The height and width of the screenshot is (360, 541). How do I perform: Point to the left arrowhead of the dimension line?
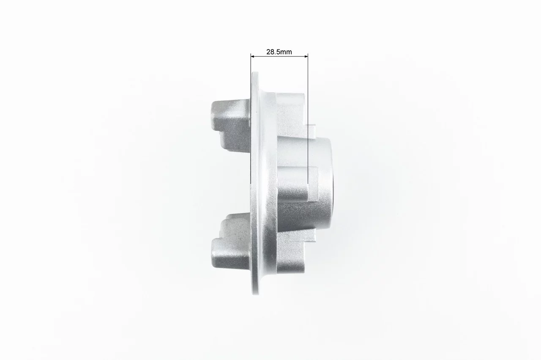pos(253,56)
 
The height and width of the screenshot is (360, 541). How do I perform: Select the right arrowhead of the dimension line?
pos(306,56)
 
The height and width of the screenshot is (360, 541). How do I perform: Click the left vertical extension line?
pos(251,119)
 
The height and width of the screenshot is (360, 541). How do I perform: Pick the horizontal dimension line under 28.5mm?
pos(279,56)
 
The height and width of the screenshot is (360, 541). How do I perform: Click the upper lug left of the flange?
pos(231,126)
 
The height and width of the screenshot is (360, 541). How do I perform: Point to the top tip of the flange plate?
pos(255,72)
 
